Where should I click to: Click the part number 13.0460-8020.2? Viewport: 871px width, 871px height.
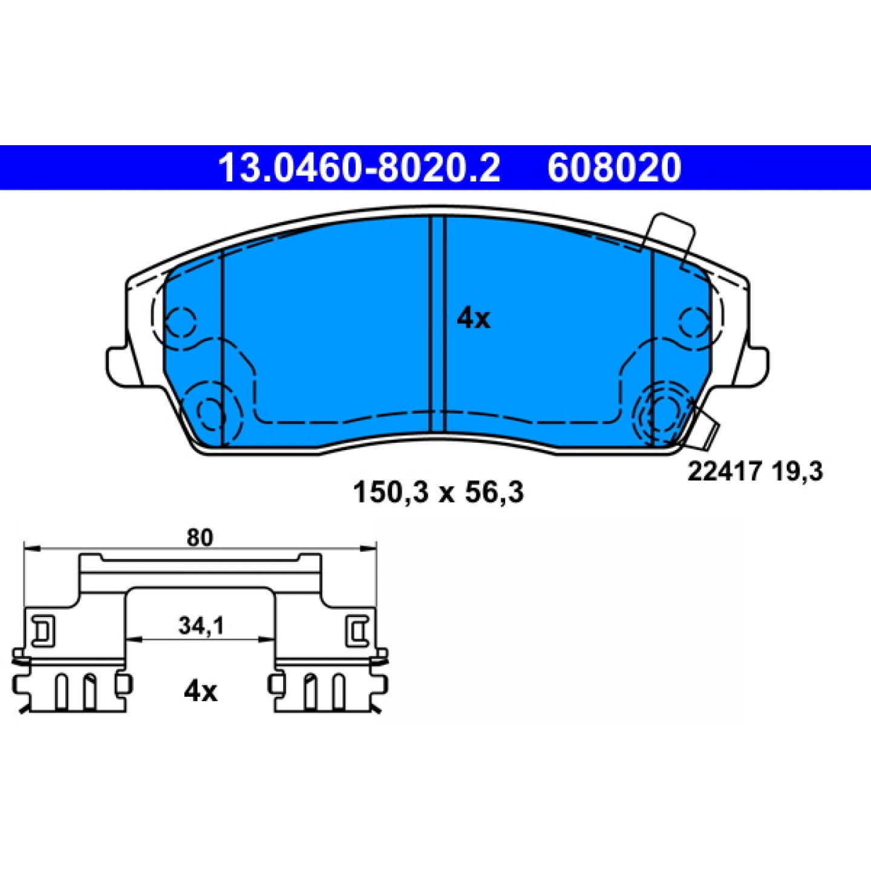click(359, 168)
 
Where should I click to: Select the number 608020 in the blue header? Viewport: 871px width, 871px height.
click(614, 168)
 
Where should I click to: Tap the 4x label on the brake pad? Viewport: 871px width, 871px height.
click(473, 319)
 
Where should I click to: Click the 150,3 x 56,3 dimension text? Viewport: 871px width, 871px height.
click(438, 492)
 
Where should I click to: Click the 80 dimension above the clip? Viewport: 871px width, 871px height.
click(200, 538)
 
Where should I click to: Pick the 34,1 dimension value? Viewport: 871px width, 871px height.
click(201, 627)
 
